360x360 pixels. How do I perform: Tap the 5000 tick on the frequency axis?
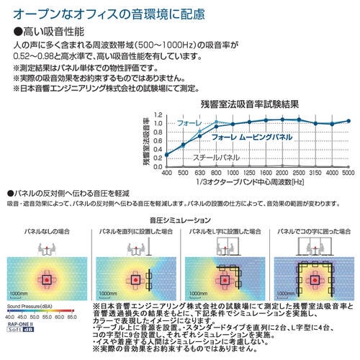coord(348,174)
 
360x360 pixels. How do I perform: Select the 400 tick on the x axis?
coord(166,174)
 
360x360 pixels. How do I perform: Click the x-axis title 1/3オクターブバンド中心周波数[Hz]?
coord(255,183)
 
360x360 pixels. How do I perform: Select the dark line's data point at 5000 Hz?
coord(348,121)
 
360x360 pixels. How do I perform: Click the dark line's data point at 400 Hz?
coord(166,155)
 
